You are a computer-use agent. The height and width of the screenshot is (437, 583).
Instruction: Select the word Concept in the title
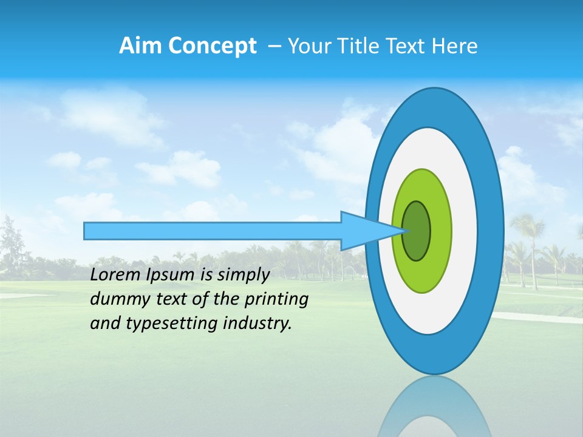click(212, 47)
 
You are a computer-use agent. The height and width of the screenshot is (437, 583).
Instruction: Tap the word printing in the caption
click(277, 299)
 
